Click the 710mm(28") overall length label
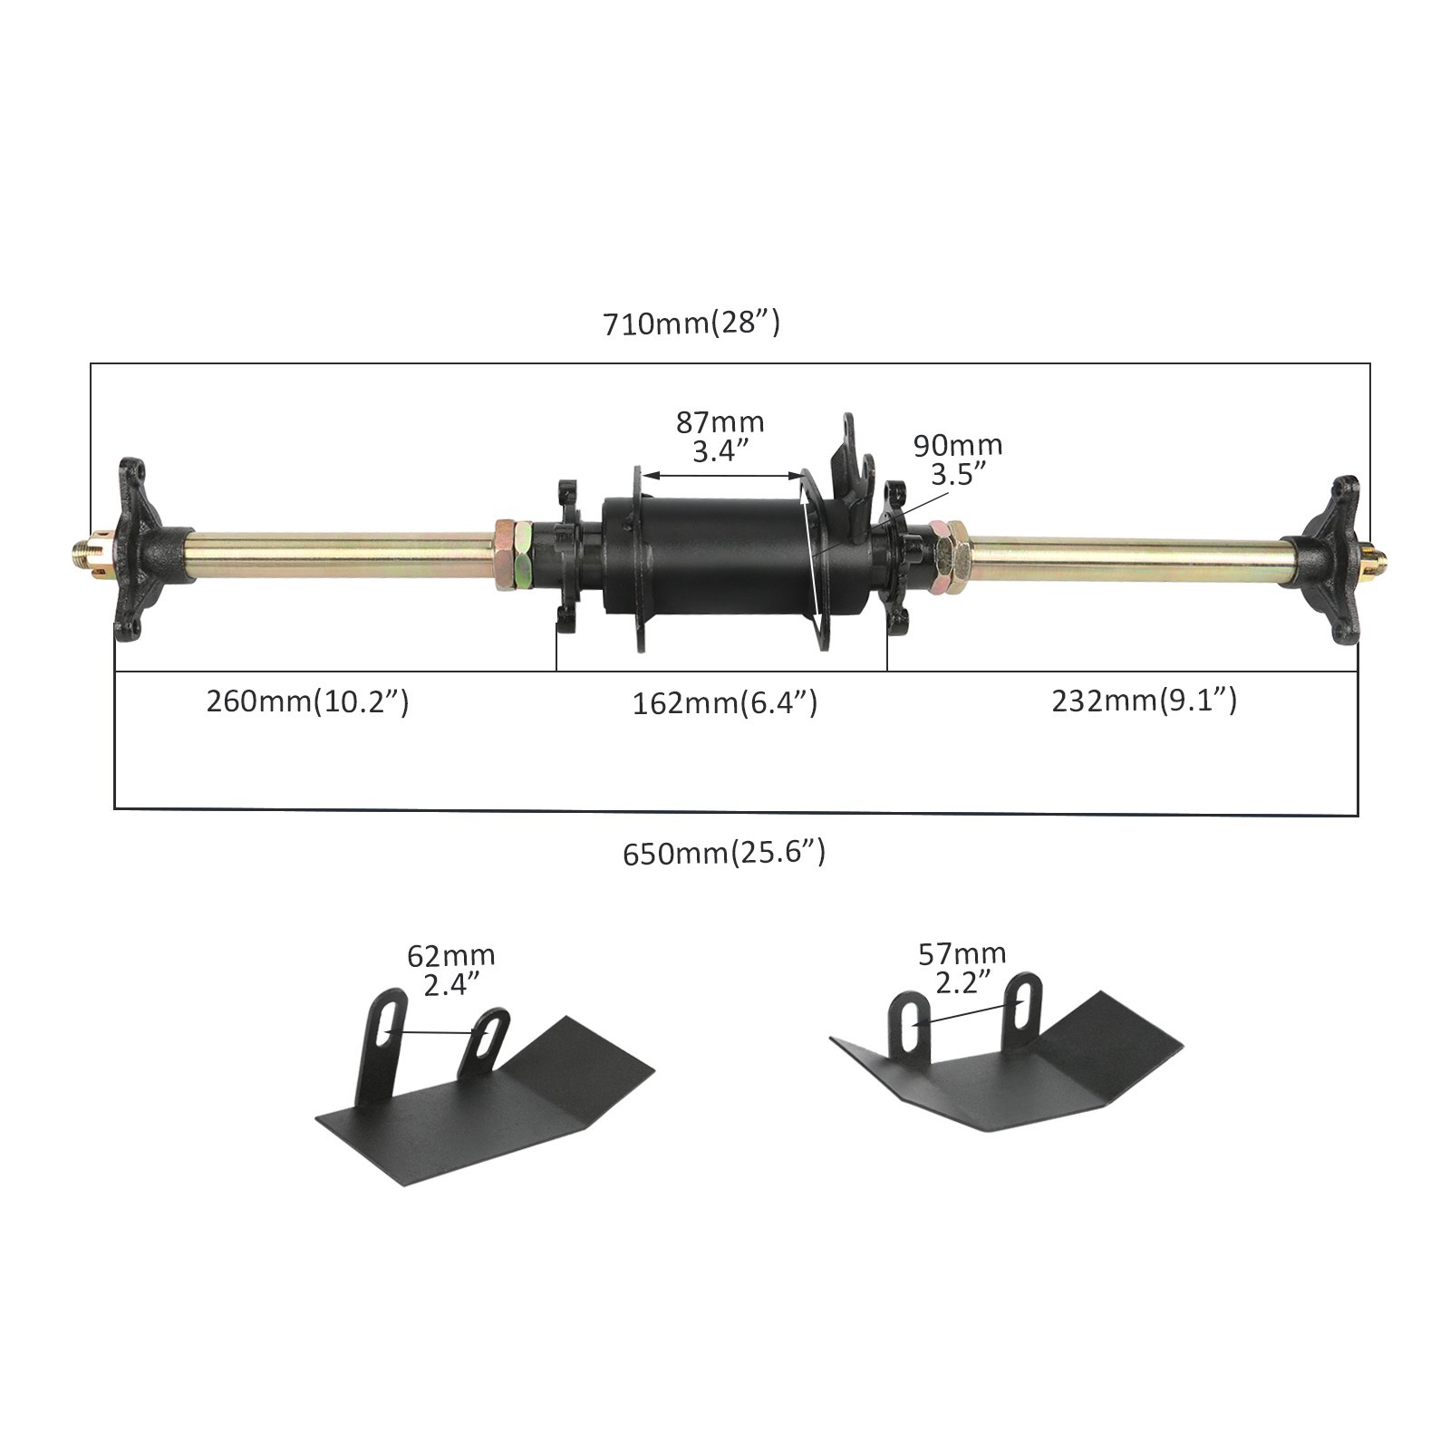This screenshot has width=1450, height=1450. point(691,323)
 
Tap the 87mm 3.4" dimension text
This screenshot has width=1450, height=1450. point(720,436)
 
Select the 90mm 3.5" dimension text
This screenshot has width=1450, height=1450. point(957,459)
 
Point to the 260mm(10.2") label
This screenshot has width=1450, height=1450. point(307,701)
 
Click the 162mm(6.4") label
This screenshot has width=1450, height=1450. point(725,702)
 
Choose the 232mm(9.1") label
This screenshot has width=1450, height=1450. point(1144,701)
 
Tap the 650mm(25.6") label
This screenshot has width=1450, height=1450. point(724,853)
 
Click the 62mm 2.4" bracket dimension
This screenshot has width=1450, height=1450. point(451,970)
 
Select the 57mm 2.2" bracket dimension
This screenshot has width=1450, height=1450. point(962,967)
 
